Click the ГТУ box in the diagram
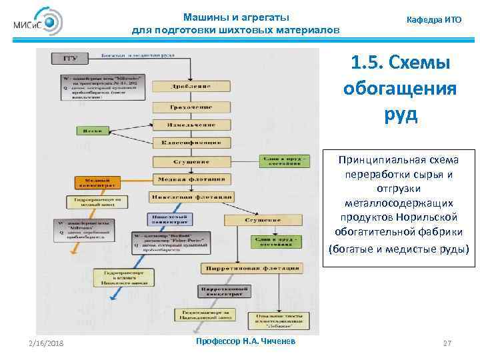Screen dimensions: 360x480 pos(70,59)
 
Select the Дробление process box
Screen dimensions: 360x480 pos(191,86)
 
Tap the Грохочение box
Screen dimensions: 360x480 pos(191,107)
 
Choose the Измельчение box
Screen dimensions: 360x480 pos(191,125)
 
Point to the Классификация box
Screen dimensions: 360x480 pos(191,143)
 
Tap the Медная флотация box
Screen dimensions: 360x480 pos(191,179)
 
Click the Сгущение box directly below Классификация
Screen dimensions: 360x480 pos(191,161)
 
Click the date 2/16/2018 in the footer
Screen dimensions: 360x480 pos(46,343)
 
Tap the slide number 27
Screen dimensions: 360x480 pos(447,343)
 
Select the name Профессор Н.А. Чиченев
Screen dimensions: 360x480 pos(238,341)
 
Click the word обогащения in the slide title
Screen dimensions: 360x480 pos(400,89)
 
